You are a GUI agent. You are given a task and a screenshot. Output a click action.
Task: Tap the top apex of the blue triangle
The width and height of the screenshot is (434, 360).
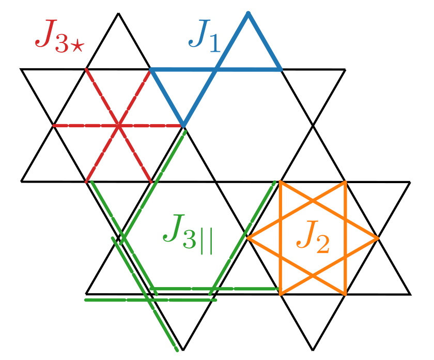pos(249,13)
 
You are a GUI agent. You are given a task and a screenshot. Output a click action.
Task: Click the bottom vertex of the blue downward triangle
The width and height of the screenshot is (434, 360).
pos(183,125)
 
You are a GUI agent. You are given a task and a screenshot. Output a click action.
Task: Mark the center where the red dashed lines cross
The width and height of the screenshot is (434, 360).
pos(118,125)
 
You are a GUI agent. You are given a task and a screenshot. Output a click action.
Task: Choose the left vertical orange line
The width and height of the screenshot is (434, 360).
pos(280,238)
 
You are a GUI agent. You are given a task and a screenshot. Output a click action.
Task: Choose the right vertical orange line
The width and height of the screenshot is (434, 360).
pos(345,238)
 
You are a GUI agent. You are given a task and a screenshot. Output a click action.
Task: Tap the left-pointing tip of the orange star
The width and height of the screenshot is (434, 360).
pos(248,238)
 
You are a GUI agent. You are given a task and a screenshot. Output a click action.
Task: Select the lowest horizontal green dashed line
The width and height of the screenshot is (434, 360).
pos(150,299)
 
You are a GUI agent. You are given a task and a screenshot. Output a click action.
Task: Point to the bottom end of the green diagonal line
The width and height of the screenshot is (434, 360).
pos(177,350)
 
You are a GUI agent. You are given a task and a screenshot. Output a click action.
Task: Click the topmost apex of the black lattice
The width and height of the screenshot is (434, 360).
pos(118,13)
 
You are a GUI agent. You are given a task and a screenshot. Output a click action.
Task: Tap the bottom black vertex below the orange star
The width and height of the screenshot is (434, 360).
pos(313,350)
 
